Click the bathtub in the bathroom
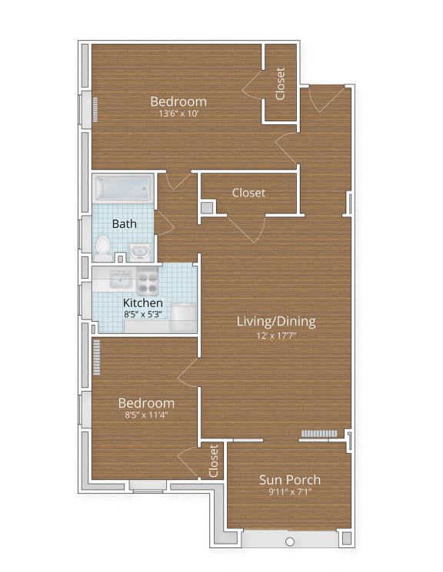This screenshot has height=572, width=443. tap(123, 187)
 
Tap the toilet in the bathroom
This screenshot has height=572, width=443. tap(103, 245)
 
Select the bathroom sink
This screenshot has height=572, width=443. tap(139, 250)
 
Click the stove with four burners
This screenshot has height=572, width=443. tap(148, 280)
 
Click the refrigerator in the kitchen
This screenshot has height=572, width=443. tap(183, 316)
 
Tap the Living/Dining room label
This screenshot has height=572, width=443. tap(275, 321)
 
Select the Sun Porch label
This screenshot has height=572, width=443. tap(289, 480)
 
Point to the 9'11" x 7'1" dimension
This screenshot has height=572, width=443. tap(289, 492)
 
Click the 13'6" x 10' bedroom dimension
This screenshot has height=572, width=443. tap(178, 114)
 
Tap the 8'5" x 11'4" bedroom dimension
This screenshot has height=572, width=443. tap(145, 415)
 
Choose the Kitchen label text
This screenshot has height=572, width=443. tap(143, 303)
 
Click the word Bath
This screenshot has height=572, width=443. tap(125, 224)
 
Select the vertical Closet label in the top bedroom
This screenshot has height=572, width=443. tap(281, 83)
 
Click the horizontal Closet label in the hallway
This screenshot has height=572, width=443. tap(248, 193)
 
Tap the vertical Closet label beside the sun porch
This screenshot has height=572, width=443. tap(214, 460)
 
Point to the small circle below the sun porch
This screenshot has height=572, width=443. tap(290, 542)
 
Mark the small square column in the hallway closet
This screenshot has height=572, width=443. tap(206, 207)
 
